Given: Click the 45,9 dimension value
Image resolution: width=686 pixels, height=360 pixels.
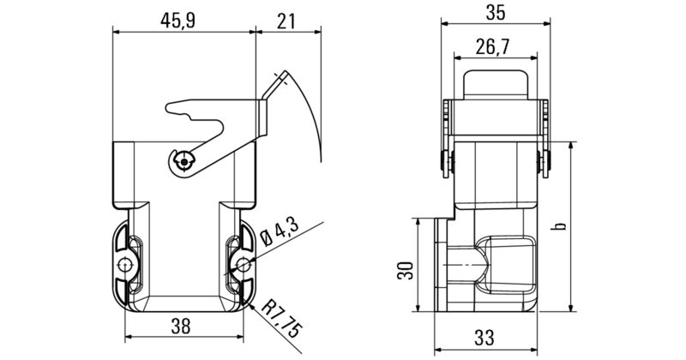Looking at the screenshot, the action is tap(178, 20).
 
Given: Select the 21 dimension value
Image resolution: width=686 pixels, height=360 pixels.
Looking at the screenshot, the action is tap(286, 21).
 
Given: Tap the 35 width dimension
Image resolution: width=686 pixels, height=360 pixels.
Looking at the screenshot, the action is tap(496, 12).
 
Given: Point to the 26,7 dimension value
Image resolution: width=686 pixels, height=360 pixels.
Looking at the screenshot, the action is tap(492, 46).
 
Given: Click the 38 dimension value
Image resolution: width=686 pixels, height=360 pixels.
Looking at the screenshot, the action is tap(181, 326).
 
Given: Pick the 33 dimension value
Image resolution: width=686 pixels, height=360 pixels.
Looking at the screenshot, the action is tap(484, 337).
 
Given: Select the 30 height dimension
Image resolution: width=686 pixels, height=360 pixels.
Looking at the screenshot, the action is tap(405, 270).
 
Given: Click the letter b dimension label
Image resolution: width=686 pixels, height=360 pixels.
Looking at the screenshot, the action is tap(560, 226).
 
